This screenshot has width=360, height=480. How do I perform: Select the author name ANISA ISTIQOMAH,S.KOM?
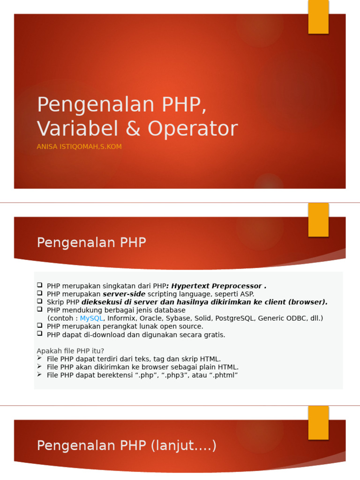[x=79, y=147]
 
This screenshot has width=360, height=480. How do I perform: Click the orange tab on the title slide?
[x=318, y=17]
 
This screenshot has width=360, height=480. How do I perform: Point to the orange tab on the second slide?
[x=318, y=219]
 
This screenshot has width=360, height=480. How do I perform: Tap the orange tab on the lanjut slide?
[x=318, y=422]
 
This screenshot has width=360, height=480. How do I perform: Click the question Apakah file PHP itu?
[x=70, y=351]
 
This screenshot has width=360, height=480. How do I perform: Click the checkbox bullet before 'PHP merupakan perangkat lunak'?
[x=40, y=326]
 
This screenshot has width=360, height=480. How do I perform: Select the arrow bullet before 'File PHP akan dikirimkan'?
[x=40, y=367]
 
